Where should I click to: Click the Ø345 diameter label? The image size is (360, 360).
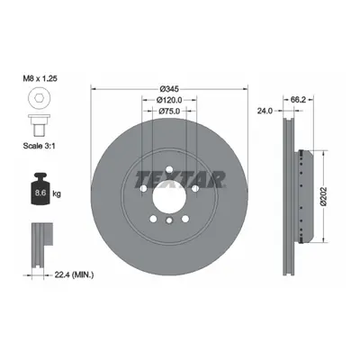click(x=169, y=89)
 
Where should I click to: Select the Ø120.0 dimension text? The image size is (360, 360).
click(x=169, y=100)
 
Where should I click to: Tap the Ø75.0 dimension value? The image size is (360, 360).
click(x=169, y=111)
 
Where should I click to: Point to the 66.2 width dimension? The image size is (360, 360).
click(x=298, y=100)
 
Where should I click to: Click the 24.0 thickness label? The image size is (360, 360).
click(x=265, y=111)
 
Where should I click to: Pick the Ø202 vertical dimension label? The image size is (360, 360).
click(x=323, y=196)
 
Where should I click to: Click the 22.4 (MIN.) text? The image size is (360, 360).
click(x=74, y=274)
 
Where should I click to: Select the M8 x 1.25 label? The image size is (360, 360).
click(x=40, y=79)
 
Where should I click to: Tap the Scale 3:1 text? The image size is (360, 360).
click(x=40, y=146)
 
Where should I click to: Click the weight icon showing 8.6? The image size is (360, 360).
click(x=40, y=190)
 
